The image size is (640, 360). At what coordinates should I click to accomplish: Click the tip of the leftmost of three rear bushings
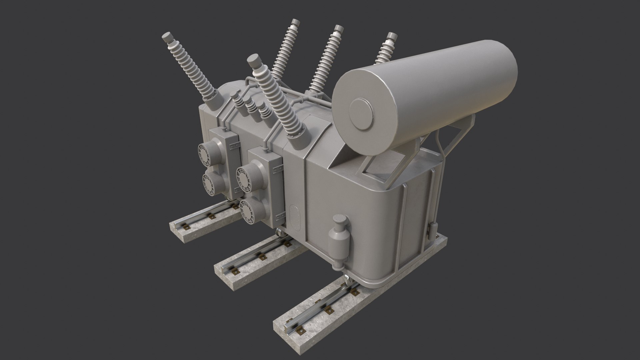[x=295, y=23]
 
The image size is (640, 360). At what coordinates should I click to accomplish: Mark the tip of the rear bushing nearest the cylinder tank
[x=391, y=36]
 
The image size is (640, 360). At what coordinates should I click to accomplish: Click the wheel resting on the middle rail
[x=279, y=233]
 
